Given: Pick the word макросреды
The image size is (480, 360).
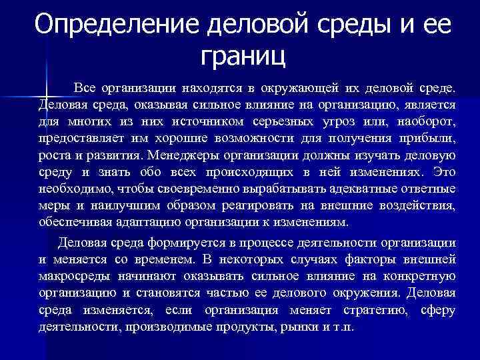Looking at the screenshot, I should (x=73, y=276).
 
